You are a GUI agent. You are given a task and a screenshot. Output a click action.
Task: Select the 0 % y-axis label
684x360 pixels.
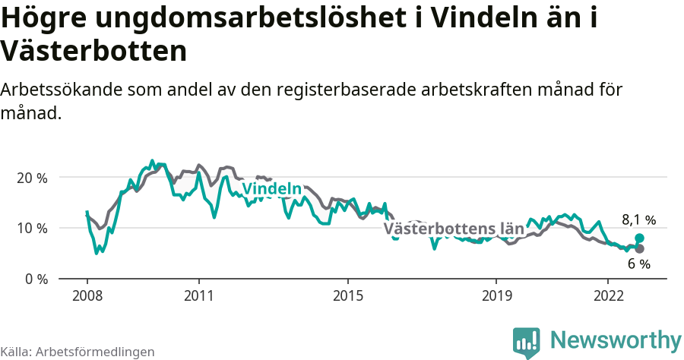click(x=33, y=279)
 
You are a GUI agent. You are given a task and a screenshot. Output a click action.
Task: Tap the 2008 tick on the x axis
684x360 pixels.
click(x=87, y=295)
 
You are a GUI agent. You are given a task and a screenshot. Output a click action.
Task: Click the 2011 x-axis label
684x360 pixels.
click(x=198, y=295)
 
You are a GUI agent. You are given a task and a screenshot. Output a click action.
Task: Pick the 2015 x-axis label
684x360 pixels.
click(x=347, y=295)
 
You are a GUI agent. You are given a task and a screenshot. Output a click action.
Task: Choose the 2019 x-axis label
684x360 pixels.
click(x=496, y=295)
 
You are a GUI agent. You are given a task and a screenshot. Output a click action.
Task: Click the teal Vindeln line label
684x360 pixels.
click(x=271, y=189)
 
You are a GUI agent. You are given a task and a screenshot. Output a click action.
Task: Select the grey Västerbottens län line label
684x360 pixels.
click(x=454, y=228)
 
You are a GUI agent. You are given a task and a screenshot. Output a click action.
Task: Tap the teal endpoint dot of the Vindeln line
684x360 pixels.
click(x=639, y=238)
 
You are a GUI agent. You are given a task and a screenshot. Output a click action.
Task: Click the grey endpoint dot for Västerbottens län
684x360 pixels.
click(x=639, y=248)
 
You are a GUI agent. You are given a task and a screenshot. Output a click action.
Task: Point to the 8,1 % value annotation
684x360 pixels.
click(x=638, y=220)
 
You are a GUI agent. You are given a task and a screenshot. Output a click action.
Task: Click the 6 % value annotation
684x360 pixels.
click(x=638, y=264)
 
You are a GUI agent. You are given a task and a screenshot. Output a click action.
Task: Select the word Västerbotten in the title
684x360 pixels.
click(x=93, y=52)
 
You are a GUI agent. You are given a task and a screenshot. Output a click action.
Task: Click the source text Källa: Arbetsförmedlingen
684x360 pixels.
click(x=78, y=352)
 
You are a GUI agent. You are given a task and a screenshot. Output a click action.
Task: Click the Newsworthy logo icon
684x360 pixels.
click(x=526, y=342)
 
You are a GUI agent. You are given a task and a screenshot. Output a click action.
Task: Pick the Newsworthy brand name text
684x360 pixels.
click(x=615, y=339)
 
